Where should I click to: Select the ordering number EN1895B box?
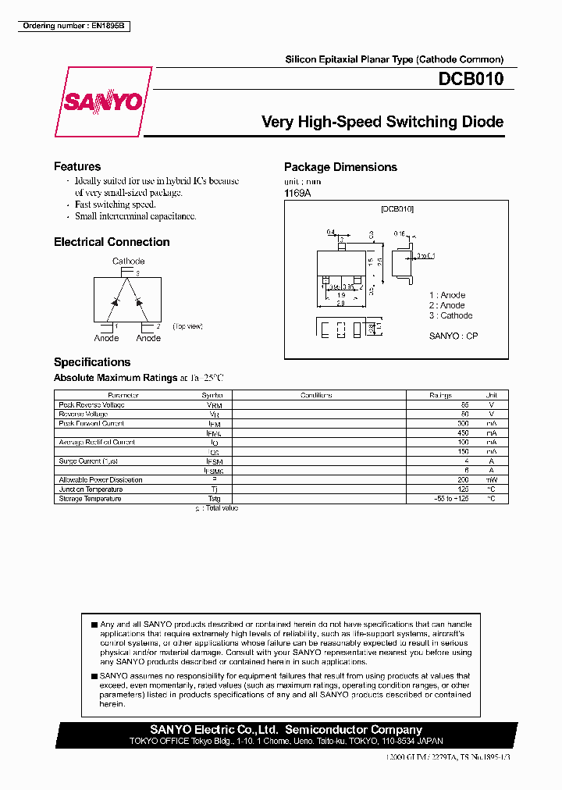[x=74, y=26]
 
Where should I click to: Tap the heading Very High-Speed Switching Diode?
[x=382, y=122]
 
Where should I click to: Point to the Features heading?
[x=77, y=166]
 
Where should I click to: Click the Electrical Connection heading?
[x=112, y=242]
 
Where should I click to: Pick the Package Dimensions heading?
[x=340, y=167]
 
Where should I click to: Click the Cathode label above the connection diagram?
[x=128, y=262]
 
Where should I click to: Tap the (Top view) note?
[x=187, y=326]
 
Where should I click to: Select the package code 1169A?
[x=297, y=193]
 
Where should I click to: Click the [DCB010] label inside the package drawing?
[x=397, y=209]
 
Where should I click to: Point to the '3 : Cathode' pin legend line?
[x=450, y=315]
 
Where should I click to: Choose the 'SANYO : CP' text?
[x=454, y=336]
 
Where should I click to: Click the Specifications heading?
[x=92, y=362]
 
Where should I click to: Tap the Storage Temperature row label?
[x=90, y=499]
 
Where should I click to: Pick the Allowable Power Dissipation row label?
[x=101, y=480]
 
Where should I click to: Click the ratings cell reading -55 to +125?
[x=452, y=499]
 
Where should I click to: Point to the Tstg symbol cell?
[x=214, y=499]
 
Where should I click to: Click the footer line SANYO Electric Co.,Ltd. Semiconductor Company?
[x=286, y=730]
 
